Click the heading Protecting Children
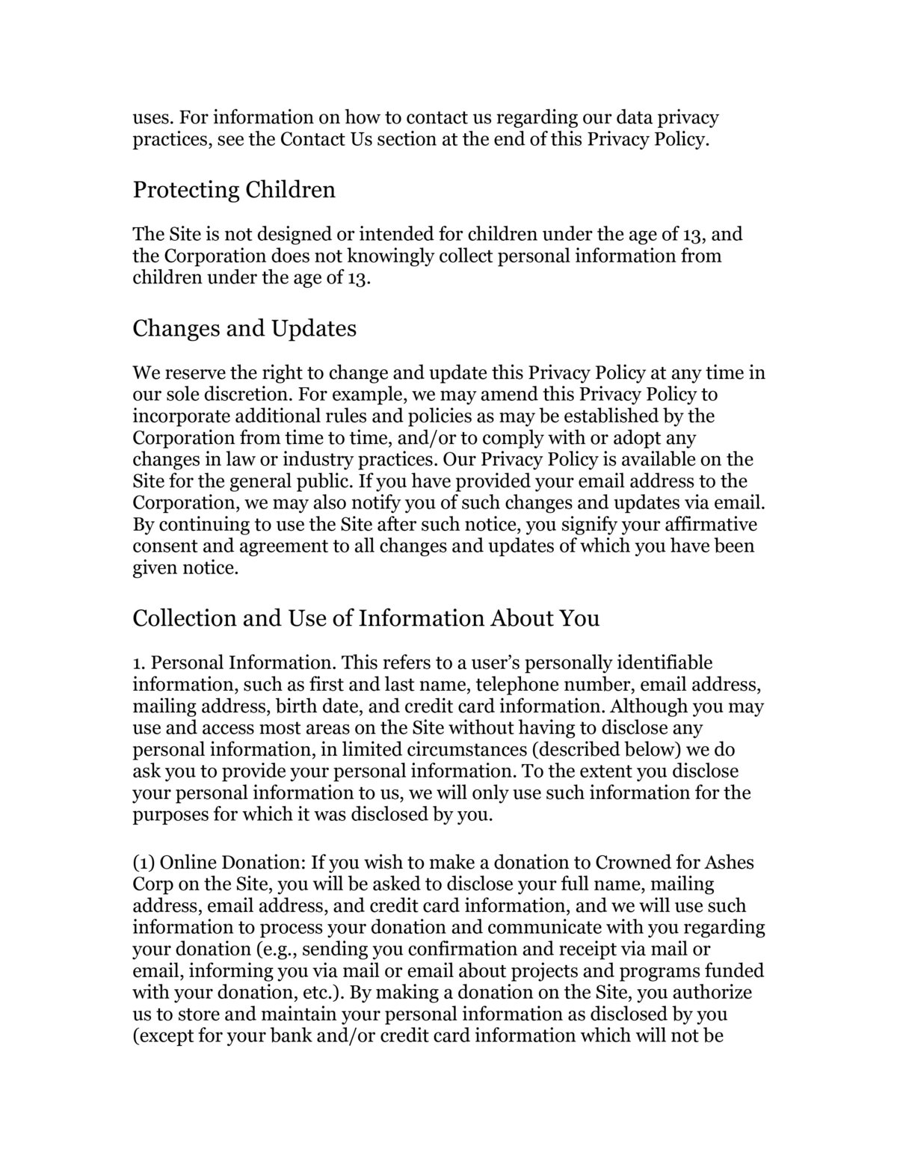pos(234,190)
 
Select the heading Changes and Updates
pos(244,328)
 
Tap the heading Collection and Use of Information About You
pos(366,618)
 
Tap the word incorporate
pos(176,416)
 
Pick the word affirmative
pos(709,524)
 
